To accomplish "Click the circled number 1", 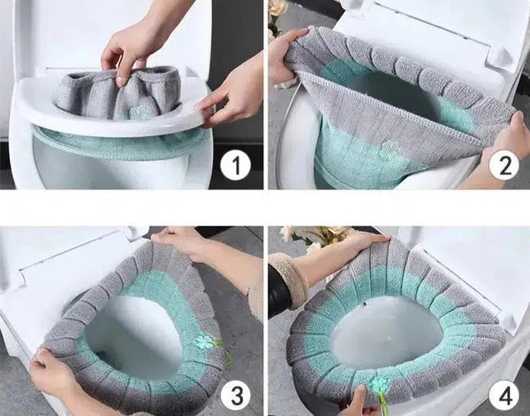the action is click(236, 166).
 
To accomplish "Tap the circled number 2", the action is click(504, 165).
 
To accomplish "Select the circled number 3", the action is click(236, 396).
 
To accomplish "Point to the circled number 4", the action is click(504, 396).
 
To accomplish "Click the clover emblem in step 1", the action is click(139, 112).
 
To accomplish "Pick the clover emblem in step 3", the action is click(205, 340).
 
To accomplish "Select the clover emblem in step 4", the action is click(379, 384).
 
